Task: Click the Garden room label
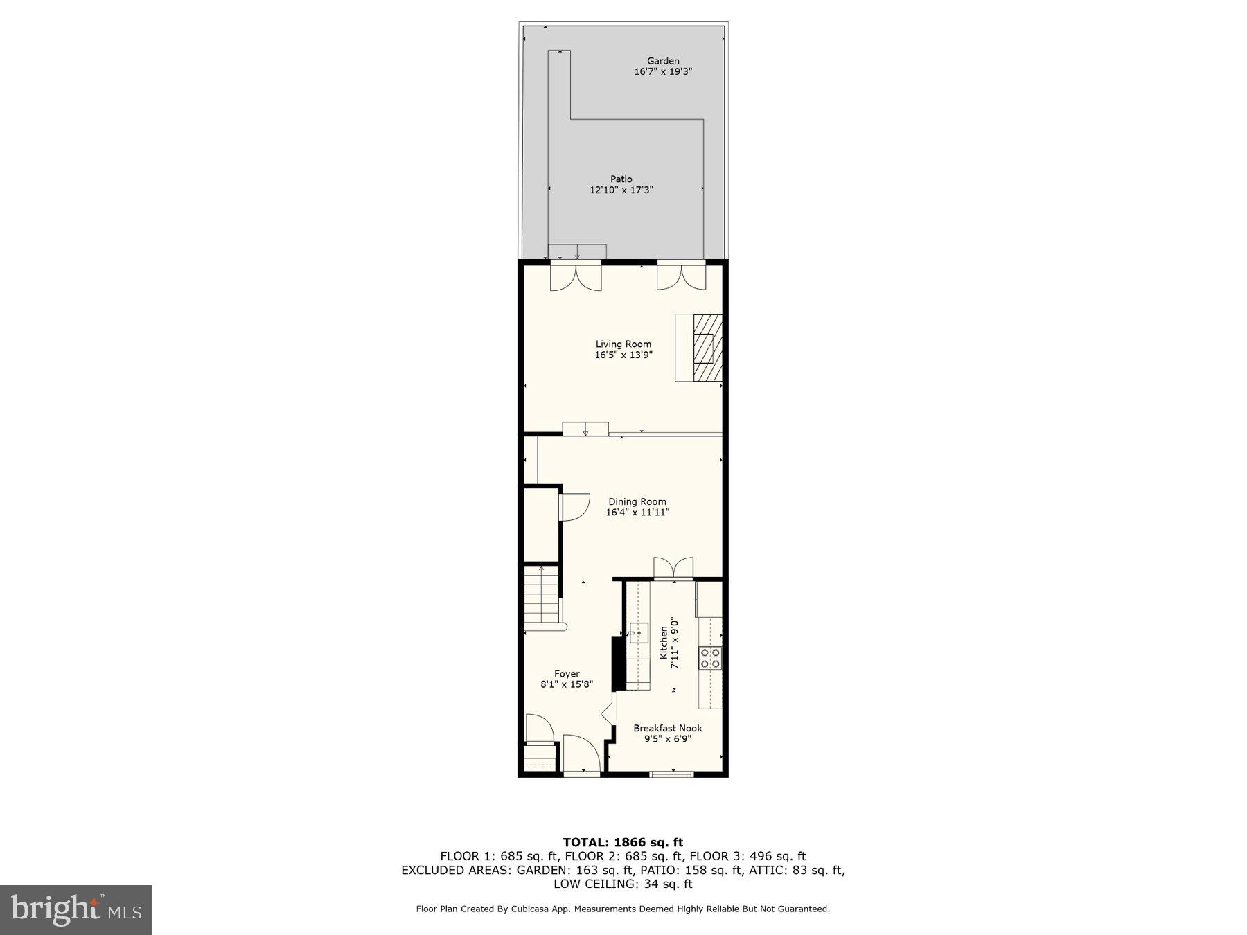[663, 61]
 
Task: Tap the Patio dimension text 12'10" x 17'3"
[621, 190]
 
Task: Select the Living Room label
[623, 344]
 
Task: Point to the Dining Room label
[637, 501]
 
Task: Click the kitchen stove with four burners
[710, 657]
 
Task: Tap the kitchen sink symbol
[638, 633]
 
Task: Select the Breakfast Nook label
[668, 728]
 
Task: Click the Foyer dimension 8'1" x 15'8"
[567, 684]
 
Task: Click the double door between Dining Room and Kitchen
[673, 567]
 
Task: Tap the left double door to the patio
[576, 277]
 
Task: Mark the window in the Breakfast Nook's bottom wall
[671, 774]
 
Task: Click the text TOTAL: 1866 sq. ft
[623, 842]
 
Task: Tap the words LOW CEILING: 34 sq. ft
[623, 884]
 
